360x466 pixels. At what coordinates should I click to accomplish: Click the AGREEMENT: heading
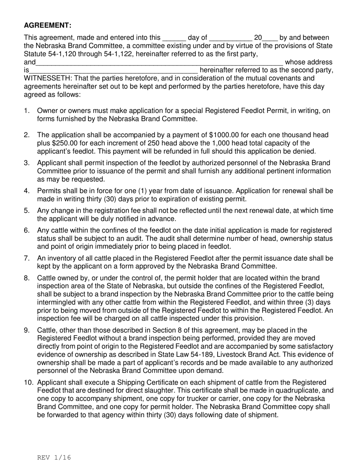coord(47,25)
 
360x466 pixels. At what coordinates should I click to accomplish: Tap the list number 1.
coord(26,111)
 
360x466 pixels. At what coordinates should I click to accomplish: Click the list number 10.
coord(29,382)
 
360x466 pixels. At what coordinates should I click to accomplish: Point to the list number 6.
coord(27,230)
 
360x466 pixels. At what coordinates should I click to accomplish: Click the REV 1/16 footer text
coord(54,457)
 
